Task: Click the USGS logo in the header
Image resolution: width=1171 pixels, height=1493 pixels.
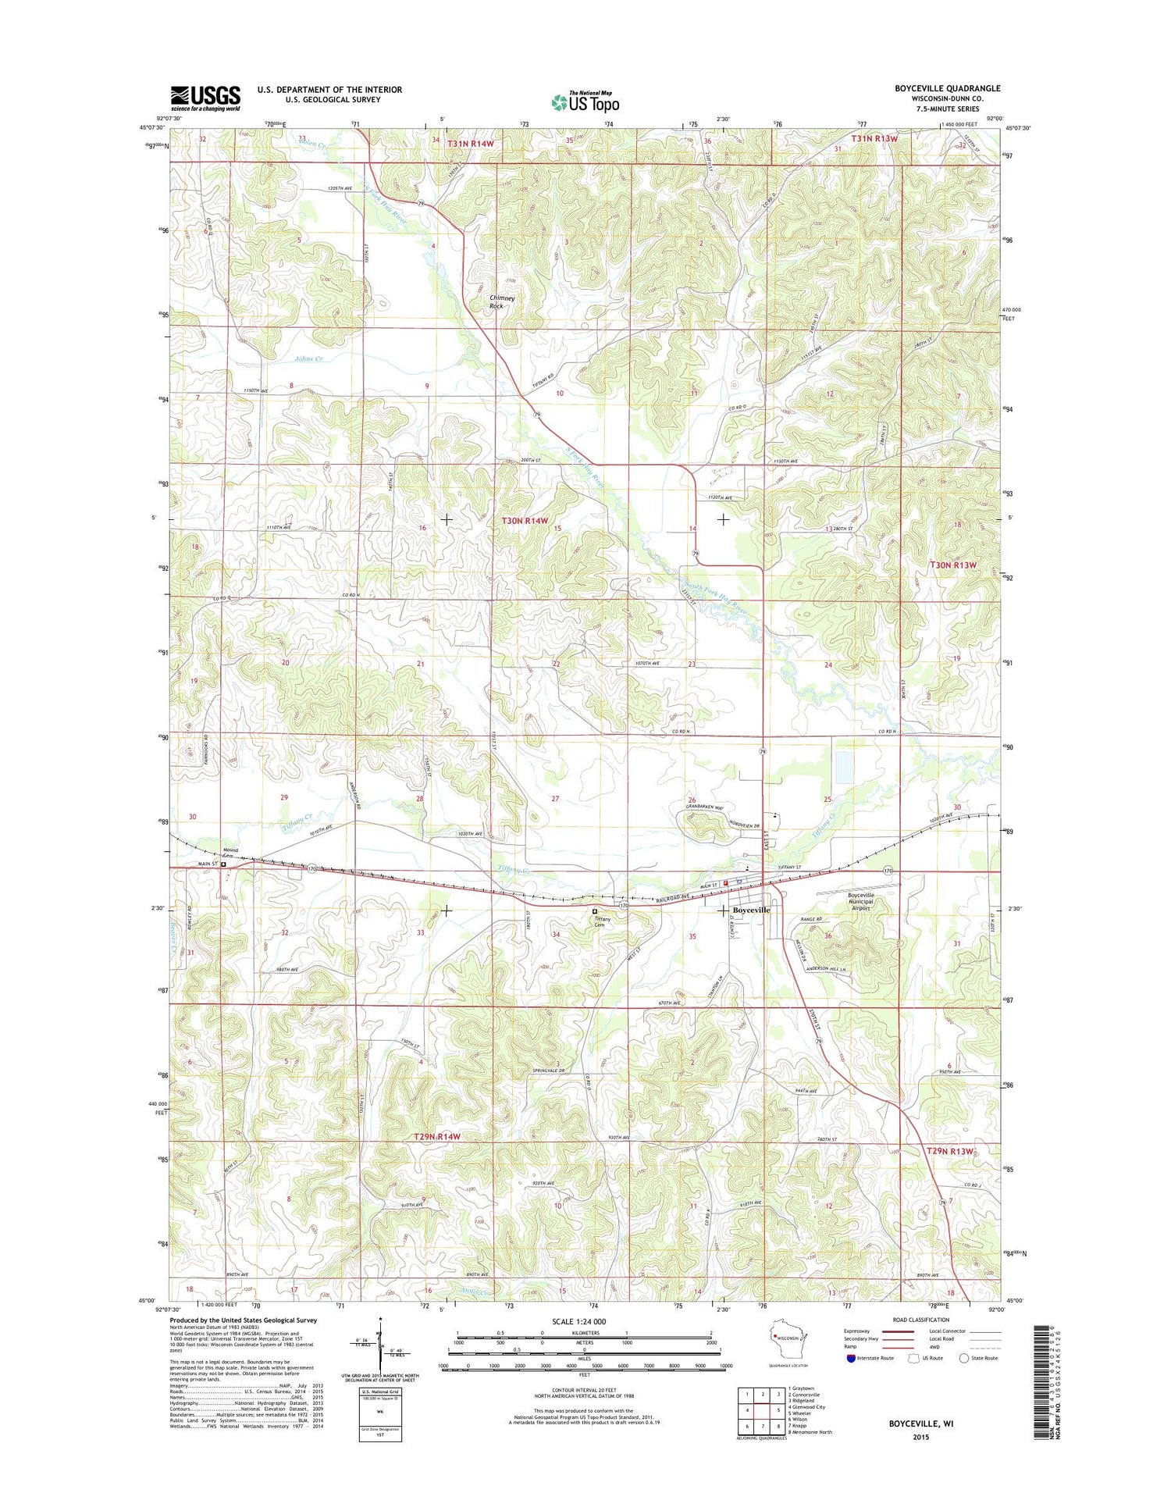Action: [x=205, y=98]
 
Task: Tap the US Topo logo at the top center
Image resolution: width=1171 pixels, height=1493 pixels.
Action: [x=585, y=102]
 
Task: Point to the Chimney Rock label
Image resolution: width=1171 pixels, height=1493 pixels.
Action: [x=502, y=301]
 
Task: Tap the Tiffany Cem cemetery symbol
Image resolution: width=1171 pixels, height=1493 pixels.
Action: [x=594, y=911]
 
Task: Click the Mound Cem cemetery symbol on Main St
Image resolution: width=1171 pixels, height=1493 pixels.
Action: [x=223, y=864]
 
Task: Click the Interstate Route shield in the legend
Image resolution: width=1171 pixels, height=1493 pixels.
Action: [x=851, y=1358]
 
